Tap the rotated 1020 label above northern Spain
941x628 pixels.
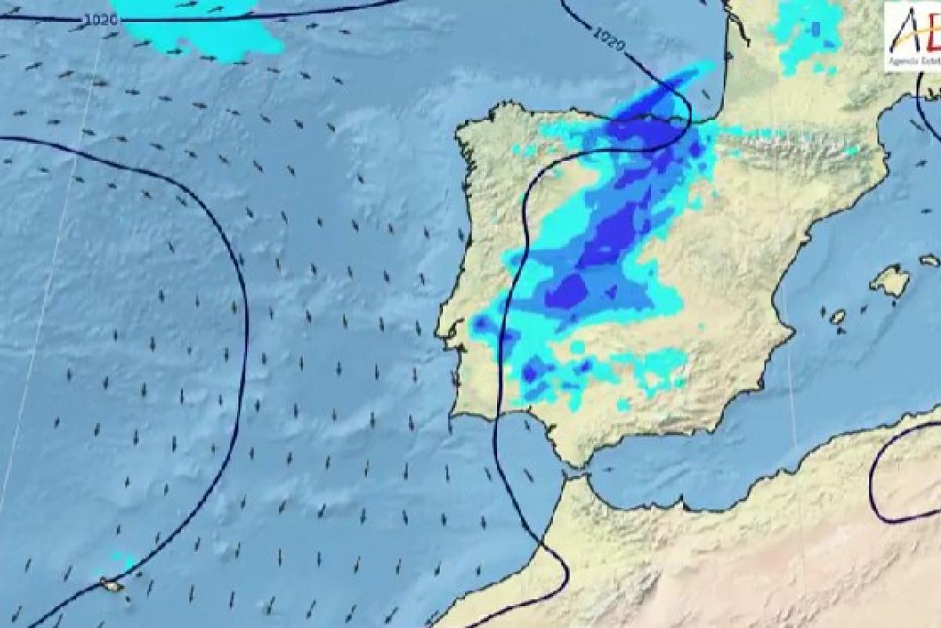[x=609, y=38]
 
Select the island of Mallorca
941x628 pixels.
[x=891, y=280]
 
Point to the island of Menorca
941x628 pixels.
[x=929, y=260]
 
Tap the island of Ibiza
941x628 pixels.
[x=837, y=317]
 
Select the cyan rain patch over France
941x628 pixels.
[x=804, y=35]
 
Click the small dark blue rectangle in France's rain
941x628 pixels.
[x=816, y=28]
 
